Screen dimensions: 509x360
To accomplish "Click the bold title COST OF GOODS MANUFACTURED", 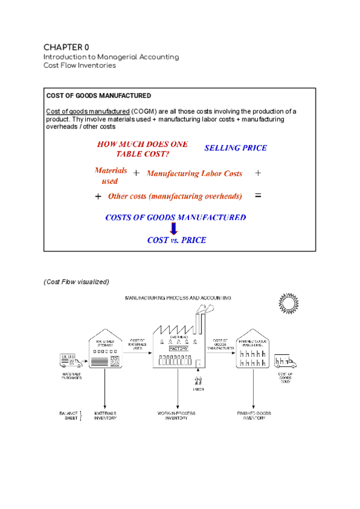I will pyautogui.click(x=98, y=96).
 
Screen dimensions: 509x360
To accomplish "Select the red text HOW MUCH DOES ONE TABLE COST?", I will pyautogui.click(x=142, y=149).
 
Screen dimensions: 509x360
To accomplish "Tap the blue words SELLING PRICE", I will pyautogui.click(x=236, y=148).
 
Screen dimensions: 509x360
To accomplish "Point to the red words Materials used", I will pyautogui.click(x=111, y=175).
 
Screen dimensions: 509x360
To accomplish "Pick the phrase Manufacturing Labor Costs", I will pyautogui.click(x=194, y=173).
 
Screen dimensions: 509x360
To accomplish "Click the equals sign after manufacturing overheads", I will pyautogui.click(x=258, y=196).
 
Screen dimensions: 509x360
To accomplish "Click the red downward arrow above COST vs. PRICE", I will pyautogui.click(x=174, y=229).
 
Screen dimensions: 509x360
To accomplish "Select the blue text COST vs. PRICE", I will pyautogui.click(x=176, y=240).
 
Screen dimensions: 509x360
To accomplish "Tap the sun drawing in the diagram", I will pyautogui.click(x=289, y=304).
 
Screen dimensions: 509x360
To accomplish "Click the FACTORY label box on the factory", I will pyautogui.click(x=178, y=348).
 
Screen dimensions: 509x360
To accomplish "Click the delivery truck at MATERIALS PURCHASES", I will pyautogui.click(x=71, y=360).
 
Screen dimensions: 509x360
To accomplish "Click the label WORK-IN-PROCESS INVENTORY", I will pyautogui.click(x=178, y=415).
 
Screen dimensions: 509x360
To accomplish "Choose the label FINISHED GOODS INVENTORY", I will pyautogui.click(x=254, y=415).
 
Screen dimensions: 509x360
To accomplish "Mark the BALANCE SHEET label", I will pyautogui.click(x=69, y=415).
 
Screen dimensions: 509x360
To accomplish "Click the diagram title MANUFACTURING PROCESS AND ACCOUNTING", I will pyautogui.click(x=178, y=298).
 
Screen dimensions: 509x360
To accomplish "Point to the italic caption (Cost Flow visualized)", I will pyautogui.click(x=76, y=282).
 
